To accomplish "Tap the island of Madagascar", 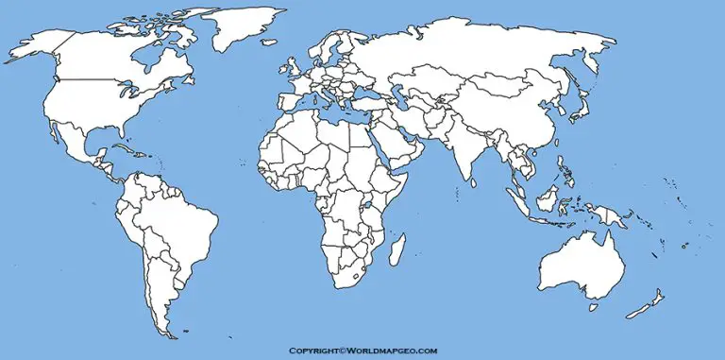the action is (397, 249).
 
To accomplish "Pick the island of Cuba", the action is (122, 150).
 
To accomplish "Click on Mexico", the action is (76, 142).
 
